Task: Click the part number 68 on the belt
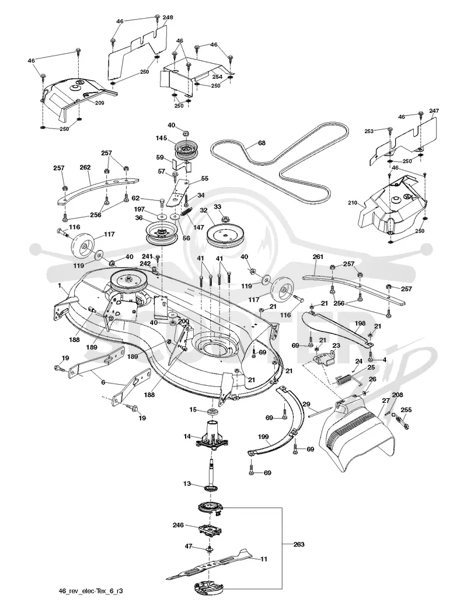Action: (x=262, y=143)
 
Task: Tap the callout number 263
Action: (x=298, y=544)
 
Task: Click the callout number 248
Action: (x=168, y=18)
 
